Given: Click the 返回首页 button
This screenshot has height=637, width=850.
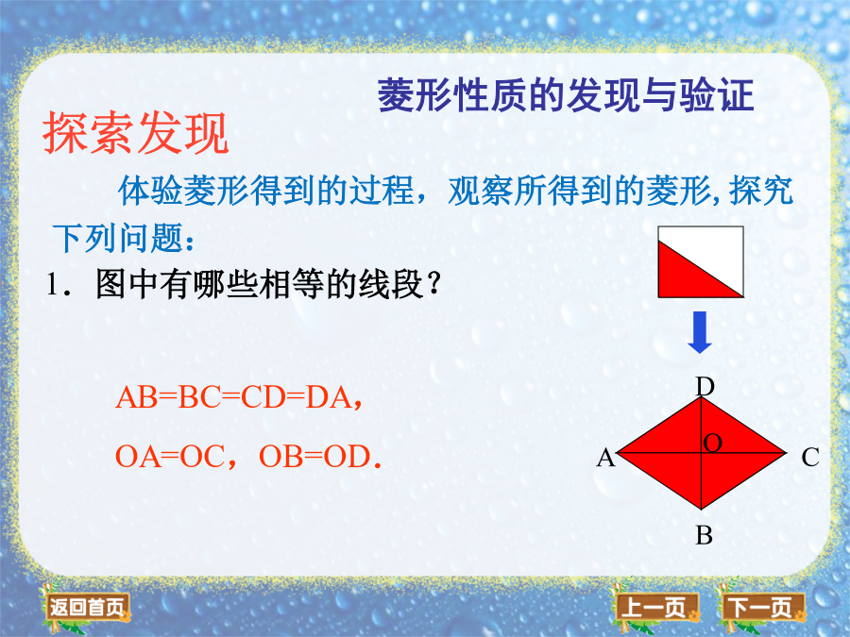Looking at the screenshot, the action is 86,607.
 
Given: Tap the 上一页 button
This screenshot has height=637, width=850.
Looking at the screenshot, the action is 656,607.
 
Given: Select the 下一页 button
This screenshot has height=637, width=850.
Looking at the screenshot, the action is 761,607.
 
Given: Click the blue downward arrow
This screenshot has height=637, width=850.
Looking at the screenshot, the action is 700,332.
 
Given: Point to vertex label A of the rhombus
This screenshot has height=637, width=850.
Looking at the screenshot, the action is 606,458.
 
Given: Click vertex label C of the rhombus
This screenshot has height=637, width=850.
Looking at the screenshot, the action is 810,458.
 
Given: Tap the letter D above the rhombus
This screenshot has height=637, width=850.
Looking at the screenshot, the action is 705,387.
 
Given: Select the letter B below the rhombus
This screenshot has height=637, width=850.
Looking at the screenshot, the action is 705,535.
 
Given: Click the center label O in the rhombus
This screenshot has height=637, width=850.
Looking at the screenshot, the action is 712,444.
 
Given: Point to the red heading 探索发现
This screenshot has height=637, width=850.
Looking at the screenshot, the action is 135,133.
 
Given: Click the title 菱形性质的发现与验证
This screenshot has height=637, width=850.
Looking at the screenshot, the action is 566,94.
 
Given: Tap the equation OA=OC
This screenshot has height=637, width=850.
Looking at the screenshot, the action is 170,456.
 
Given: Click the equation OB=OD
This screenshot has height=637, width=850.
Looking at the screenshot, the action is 314,456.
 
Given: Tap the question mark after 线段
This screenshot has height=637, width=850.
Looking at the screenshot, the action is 433,283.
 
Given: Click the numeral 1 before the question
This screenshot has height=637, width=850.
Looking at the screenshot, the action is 52,284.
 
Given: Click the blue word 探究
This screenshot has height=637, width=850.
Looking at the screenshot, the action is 761,190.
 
